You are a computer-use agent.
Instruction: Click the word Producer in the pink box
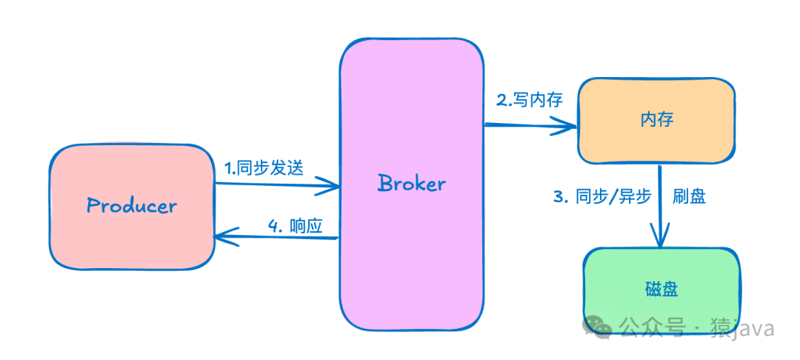tap(132, 205)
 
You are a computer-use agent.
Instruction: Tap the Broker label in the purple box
tap(412, 182)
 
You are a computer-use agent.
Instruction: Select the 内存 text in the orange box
tap(657, 120)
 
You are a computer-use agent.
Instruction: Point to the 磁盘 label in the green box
tap(661, 289)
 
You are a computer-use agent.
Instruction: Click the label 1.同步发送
tap(264, 168)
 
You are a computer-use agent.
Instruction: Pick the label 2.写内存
tap(529, 101)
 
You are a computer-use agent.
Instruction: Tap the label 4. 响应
tap(295, 227)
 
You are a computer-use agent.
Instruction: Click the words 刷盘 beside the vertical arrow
tap(689, 196)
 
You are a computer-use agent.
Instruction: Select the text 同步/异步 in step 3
tap(613, 196)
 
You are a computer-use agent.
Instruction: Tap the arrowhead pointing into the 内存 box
tap(569, 128)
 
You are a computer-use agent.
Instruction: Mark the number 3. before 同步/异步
tap(560, 197)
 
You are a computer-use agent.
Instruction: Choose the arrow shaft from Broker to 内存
tap(526, 126)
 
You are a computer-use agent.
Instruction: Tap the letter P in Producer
tap(93, 205)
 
